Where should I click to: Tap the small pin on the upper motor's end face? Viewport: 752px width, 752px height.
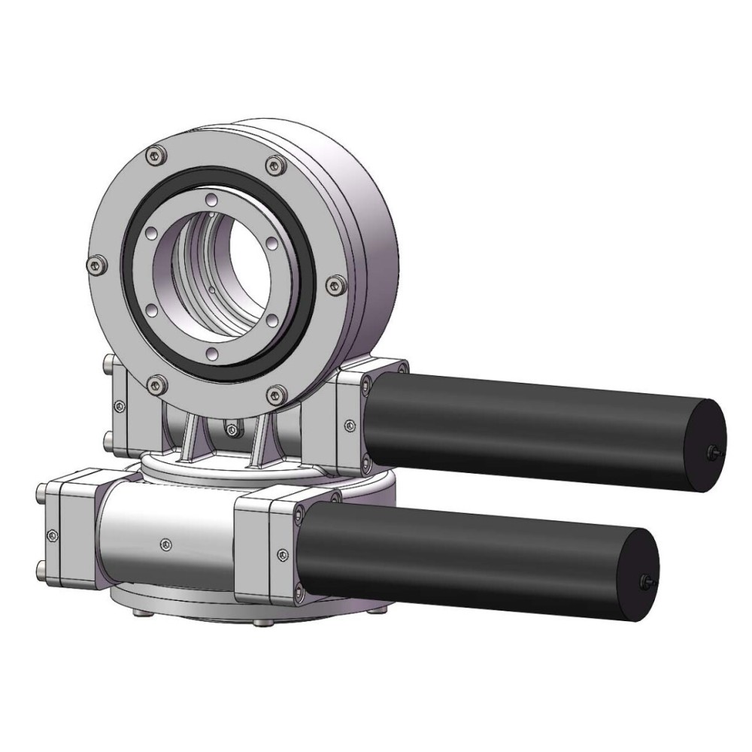click(x=711, y=452)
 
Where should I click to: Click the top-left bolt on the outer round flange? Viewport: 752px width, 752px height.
click(x=156, y=155)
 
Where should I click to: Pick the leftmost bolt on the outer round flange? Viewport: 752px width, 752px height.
click(x=93, y=264)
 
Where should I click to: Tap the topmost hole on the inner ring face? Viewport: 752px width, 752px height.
click(x=213, y=199)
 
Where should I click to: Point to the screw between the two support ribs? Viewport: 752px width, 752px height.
click(x=232, y=429)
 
